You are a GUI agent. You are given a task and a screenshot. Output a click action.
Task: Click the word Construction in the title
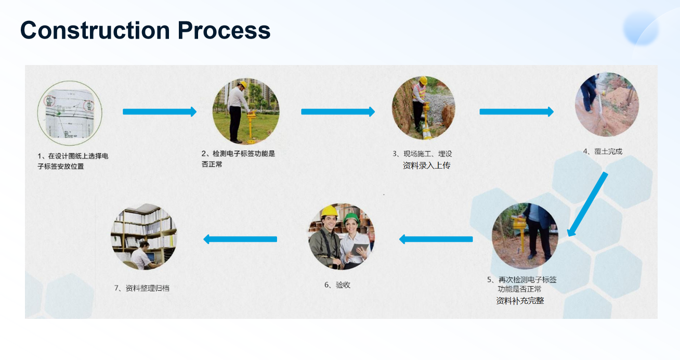(95, 30)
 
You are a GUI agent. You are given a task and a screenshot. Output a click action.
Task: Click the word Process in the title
(224, 30)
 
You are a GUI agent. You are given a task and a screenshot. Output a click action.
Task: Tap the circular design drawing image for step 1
(70, 113)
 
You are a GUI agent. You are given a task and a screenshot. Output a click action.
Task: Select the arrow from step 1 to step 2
(160, 112)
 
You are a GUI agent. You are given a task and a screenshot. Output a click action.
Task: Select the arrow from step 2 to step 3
(338, 112)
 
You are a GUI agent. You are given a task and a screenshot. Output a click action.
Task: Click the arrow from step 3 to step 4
(516, 112)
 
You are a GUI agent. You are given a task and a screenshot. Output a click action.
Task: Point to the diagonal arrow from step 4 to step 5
(587, 204)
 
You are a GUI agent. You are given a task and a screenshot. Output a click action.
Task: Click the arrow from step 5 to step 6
(436, 239)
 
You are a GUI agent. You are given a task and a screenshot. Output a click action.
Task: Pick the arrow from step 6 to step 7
(240, 239)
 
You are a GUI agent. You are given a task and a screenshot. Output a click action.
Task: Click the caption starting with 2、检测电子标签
(238, 159)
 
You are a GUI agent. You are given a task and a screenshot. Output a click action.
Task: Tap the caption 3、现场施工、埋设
(422, 153)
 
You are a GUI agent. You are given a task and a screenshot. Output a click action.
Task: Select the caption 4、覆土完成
(603, 151)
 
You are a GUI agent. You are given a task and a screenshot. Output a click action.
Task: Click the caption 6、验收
(337, 285)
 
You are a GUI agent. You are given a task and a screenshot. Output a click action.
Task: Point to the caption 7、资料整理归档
(142, 288)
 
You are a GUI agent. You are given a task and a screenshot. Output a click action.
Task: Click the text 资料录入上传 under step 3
(426, 165)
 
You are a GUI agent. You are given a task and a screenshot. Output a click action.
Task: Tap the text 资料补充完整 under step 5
(520, 301)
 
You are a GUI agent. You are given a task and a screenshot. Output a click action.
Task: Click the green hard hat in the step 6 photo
(351, 218)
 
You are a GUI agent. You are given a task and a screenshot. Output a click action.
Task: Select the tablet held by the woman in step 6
(359, 249)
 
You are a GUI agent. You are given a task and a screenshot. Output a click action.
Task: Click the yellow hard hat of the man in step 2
(243, 84)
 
